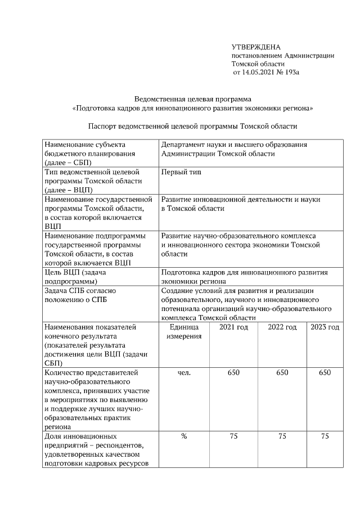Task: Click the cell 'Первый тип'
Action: [x=181, y=172]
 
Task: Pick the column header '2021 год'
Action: [x=233, y=327]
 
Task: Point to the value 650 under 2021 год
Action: [x=233, y=372]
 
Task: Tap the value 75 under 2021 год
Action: [x=233, y=436]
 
